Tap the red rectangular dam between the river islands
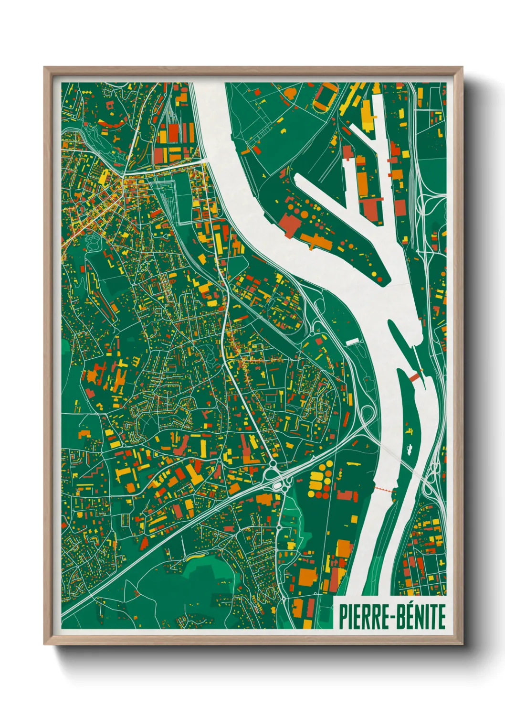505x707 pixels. [x=415, y=377]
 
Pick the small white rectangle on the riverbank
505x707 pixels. [x=352, y=342]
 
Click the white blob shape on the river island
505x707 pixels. [x=410, y=449]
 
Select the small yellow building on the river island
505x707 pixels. [x=409, y=430]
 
